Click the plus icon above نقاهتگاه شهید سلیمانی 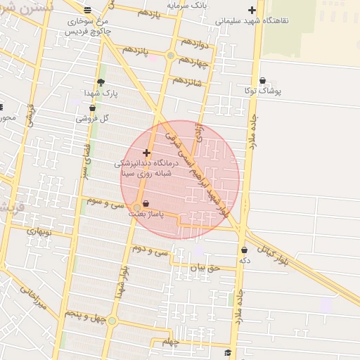(x=252, y=10)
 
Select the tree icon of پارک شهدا (x=101, y=82)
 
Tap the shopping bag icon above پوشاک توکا (x=262, y=81)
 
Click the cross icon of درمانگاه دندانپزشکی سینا (x=146, y=153)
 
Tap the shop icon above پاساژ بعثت (x=146, y=203)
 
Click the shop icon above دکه (x=244, y=250)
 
